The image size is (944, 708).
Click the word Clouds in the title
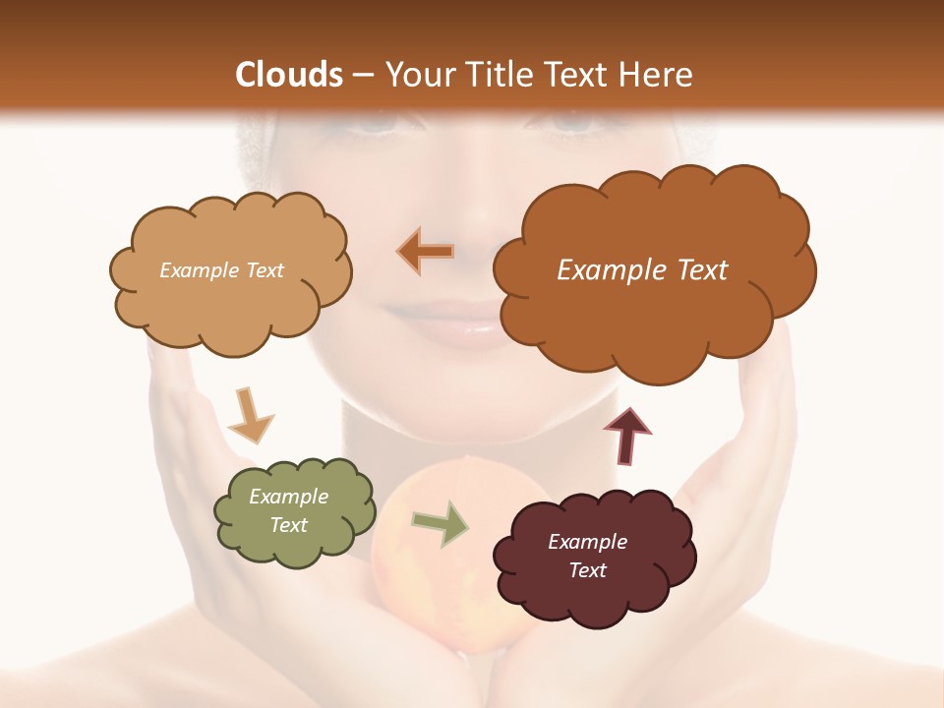click(289, 75)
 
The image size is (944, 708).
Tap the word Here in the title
click(658, 75)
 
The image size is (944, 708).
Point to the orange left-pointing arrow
click(426, 252)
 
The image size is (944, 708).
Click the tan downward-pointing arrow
click(249, 414)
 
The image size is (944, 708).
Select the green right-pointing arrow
click(440, 523)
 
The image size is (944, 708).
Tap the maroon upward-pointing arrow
click(626, 435)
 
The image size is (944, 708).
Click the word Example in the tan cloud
click(195, 270)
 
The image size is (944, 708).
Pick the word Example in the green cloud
click(288, 497)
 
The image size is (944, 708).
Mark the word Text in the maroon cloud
click(587, 570)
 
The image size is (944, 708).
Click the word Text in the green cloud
click(288, 525)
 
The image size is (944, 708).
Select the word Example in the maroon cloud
click(587, 542)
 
